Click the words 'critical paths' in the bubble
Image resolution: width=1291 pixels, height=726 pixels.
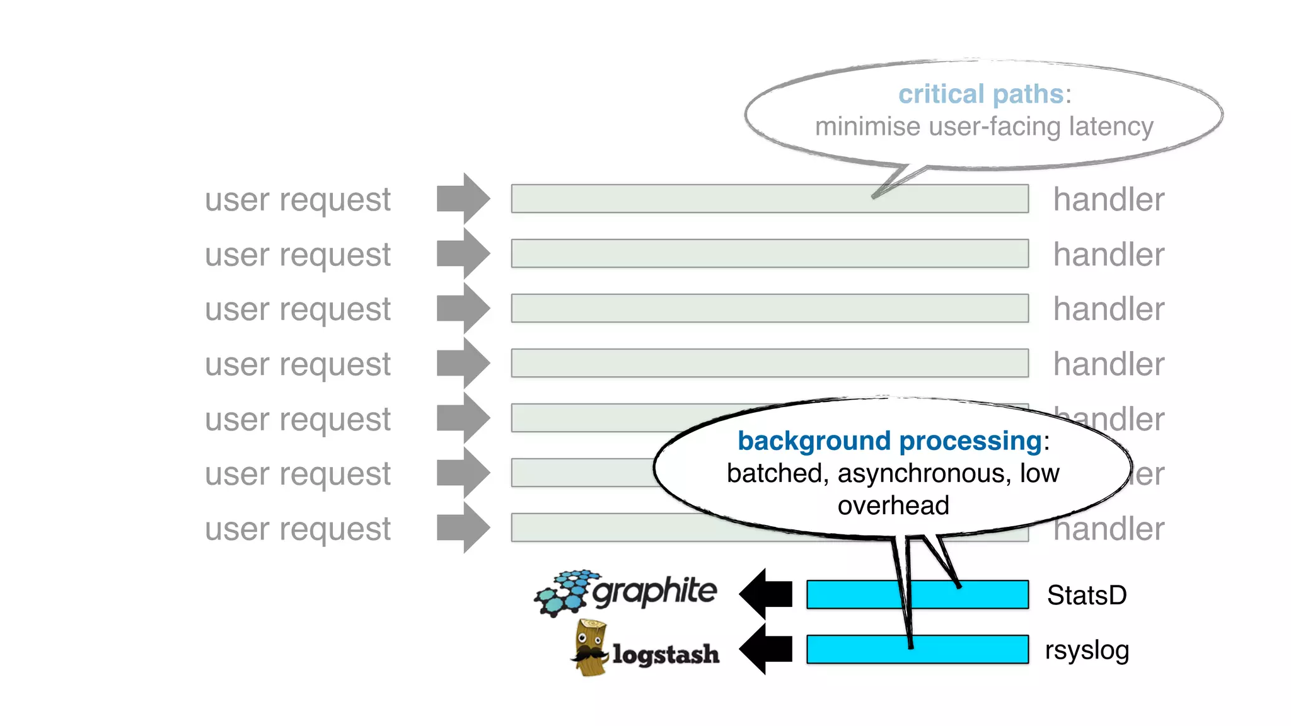(980, 95)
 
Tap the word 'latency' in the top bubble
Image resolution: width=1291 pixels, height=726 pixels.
(1111, 127)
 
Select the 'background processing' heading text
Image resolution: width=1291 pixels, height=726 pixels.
(889, 441)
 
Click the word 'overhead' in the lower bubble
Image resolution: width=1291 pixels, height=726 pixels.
(893, 505)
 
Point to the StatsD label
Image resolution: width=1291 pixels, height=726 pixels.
(1086, 595)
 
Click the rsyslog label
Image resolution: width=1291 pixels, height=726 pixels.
(1086, 650)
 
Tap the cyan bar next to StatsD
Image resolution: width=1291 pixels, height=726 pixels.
(851, 594)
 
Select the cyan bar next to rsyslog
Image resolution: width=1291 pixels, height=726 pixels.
(851, 649)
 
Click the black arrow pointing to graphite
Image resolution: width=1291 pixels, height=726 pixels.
(765, 594)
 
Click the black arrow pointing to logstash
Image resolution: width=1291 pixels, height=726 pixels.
(765, 648)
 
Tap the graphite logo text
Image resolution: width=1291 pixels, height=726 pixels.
(654, 591)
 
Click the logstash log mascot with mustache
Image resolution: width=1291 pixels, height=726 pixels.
(590, 648)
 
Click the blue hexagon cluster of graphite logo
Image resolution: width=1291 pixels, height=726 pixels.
(564, 592)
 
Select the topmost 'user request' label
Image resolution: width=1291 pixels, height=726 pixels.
(298, 200)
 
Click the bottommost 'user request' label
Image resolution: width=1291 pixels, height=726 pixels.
(298, 529)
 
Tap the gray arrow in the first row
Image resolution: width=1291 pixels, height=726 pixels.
(463, 199)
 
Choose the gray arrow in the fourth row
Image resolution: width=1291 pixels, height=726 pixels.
(463, 363)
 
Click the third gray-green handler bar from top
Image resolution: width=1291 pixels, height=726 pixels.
(769, 308)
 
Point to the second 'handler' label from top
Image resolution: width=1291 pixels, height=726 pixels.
(1108, 255)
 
